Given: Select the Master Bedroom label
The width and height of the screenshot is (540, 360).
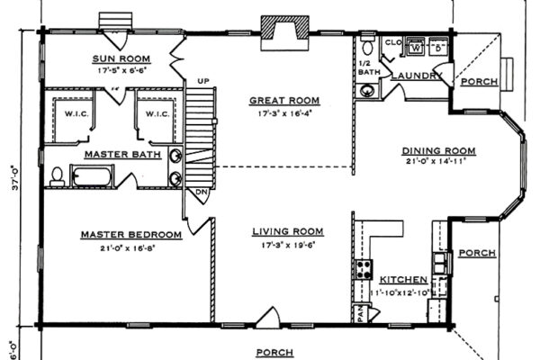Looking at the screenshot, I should pos(131,235).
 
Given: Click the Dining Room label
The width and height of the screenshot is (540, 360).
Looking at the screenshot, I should pos(438,150).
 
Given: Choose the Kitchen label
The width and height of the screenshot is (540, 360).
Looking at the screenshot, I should pos(397,281).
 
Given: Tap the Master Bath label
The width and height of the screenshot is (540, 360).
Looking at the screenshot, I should pos(123,155).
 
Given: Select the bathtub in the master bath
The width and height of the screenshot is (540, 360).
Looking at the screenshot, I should pos(90,175).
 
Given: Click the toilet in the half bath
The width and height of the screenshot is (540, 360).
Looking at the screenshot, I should pos(367,46).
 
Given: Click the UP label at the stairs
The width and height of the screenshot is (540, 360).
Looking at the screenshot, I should pos(202,82).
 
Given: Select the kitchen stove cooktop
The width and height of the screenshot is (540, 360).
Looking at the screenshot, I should pos(365,267).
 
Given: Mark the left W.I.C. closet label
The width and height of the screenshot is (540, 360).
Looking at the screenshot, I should pos(75,114).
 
